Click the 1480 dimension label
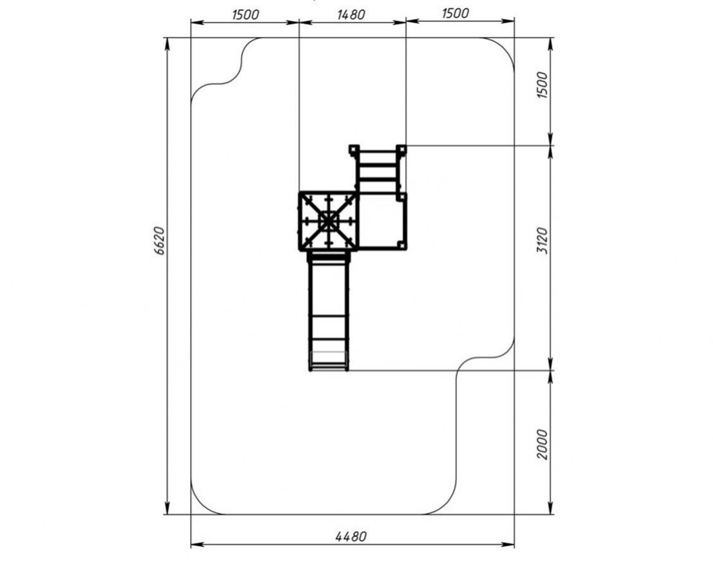point(351,15)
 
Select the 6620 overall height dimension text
point(160,241)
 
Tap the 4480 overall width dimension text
point(350,536)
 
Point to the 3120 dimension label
point(543,241)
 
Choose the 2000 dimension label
point(543,445)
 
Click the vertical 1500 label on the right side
point(543,85)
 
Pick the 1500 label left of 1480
point(245,15)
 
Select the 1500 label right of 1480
point(455,13)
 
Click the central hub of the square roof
point(329,222)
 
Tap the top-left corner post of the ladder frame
point(354,149)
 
